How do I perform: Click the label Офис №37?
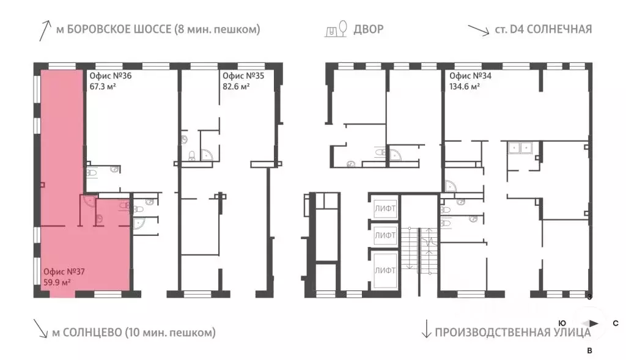[64, 272]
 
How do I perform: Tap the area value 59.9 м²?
[57, 282]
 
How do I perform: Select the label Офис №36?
[110, 76]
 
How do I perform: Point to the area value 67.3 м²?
[103, 86]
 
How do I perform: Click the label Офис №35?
[243, 76]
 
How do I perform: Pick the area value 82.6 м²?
[236, 86]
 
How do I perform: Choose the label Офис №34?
[470, 76]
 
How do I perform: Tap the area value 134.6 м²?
[465, 86]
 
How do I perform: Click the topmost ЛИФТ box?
[385, 208]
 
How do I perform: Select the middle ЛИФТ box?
[385, 235]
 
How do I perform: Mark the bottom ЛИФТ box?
[385, 270]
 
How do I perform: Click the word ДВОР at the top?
[369, 29]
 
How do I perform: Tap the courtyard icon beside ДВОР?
[336, 29]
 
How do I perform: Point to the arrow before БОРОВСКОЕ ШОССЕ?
[45, 31]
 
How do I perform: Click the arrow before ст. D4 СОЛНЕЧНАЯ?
[479, 31]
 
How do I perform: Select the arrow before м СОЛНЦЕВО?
[40, 328]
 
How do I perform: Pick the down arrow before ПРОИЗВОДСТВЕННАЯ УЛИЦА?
[426, 328]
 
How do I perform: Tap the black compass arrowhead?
[594, 323]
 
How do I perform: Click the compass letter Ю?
[562, 323]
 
